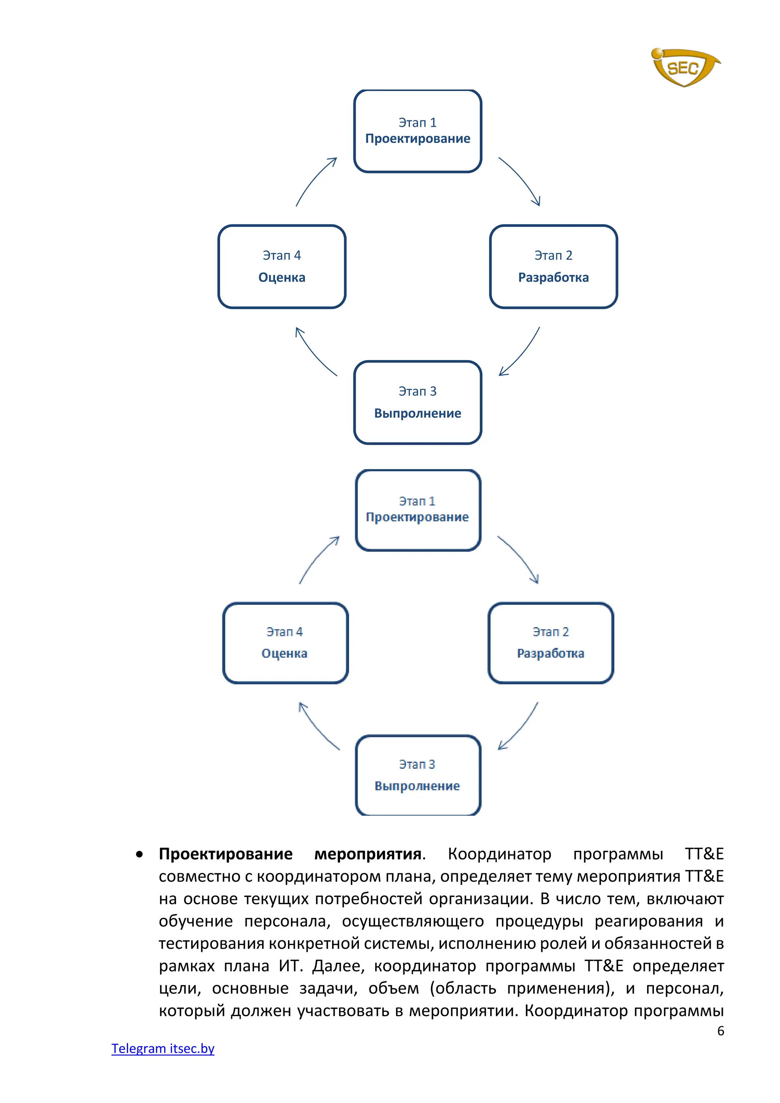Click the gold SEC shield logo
tap(684, 67)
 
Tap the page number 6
tap(721, 1031)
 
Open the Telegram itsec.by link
tap(163, 1048)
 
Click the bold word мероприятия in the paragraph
tap(368, 854)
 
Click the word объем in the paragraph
tap(393, 988)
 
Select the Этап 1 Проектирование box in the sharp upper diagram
tap(417, 131)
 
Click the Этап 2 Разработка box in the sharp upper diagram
tap(553, 267)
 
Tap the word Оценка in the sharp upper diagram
tap(282, 278)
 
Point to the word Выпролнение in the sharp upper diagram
tap(417, 414)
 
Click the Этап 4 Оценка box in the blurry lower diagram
tap(285, 643)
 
